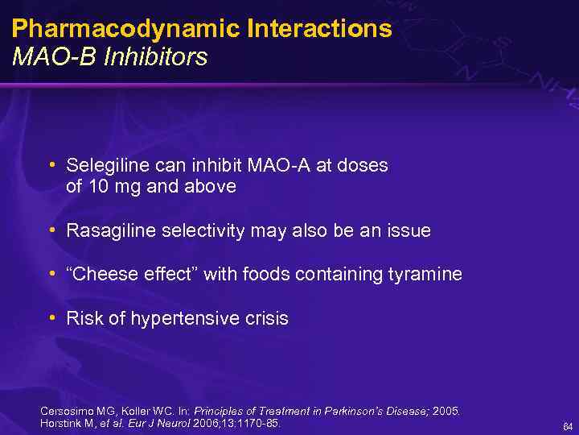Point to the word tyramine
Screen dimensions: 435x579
425,275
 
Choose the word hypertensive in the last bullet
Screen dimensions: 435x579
182,319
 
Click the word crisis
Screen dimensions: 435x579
266,319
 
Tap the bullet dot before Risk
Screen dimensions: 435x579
51,317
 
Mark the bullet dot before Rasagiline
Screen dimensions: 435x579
51,230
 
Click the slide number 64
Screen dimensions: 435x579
568,426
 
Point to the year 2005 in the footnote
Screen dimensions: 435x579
446,411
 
